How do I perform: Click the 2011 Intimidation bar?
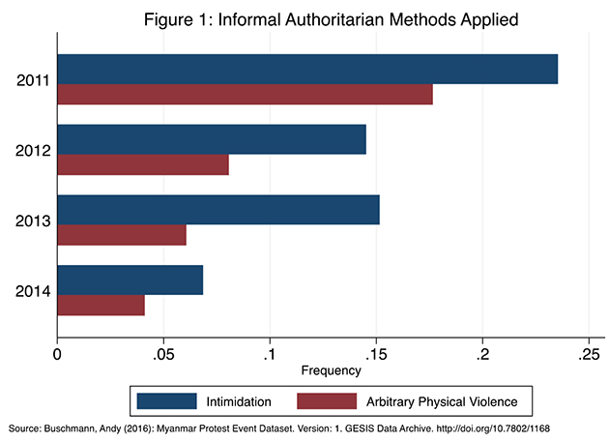307,70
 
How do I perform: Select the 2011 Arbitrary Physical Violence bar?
245,95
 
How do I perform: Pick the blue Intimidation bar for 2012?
212,139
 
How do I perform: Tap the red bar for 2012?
143,164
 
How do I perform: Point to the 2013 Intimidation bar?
218,210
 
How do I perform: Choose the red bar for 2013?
122,235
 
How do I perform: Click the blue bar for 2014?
130,280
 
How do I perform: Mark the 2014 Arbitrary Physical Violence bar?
101,305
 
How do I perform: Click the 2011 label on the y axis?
35,80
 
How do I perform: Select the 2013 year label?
35,221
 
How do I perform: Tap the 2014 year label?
35,291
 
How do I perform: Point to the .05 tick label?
163,355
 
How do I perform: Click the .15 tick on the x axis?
376,355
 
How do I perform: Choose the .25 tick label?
588,355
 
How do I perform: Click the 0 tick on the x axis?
58,355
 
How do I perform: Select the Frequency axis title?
331,370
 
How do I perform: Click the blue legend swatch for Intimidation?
167,400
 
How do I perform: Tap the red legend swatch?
327,400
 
